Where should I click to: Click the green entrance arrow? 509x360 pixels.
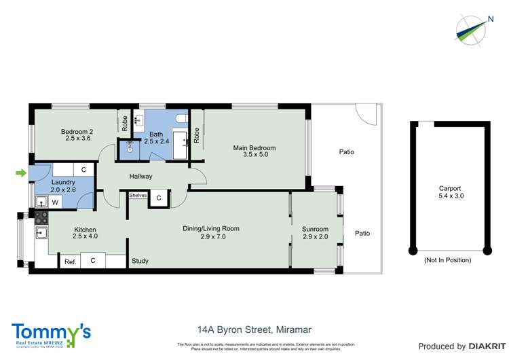[22, 173]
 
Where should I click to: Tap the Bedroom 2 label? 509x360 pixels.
[76, 132]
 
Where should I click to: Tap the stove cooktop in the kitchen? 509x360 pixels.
[40, 219]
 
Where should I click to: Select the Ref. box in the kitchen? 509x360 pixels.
[70, 262]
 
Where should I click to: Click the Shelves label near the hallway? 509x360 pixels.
[138, 196]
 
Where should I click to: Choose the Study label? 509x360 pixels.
[140, 261]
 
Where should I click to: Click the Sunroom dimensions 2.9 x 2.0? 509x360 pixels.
[315, 238]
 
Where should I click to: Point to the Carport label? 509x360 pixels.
[449, 189]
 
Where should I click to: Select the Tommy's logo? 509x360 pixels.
[51, 334]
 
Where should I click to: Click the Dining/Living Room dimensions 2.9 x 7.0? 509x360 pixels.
[211, 237]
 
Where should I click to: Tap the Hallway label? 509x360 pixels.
[141, 177]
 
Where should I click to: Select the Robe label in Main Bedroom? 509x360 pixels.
[196, 137]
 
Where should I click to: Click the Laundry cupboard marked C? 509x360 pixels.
[83, 169]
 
